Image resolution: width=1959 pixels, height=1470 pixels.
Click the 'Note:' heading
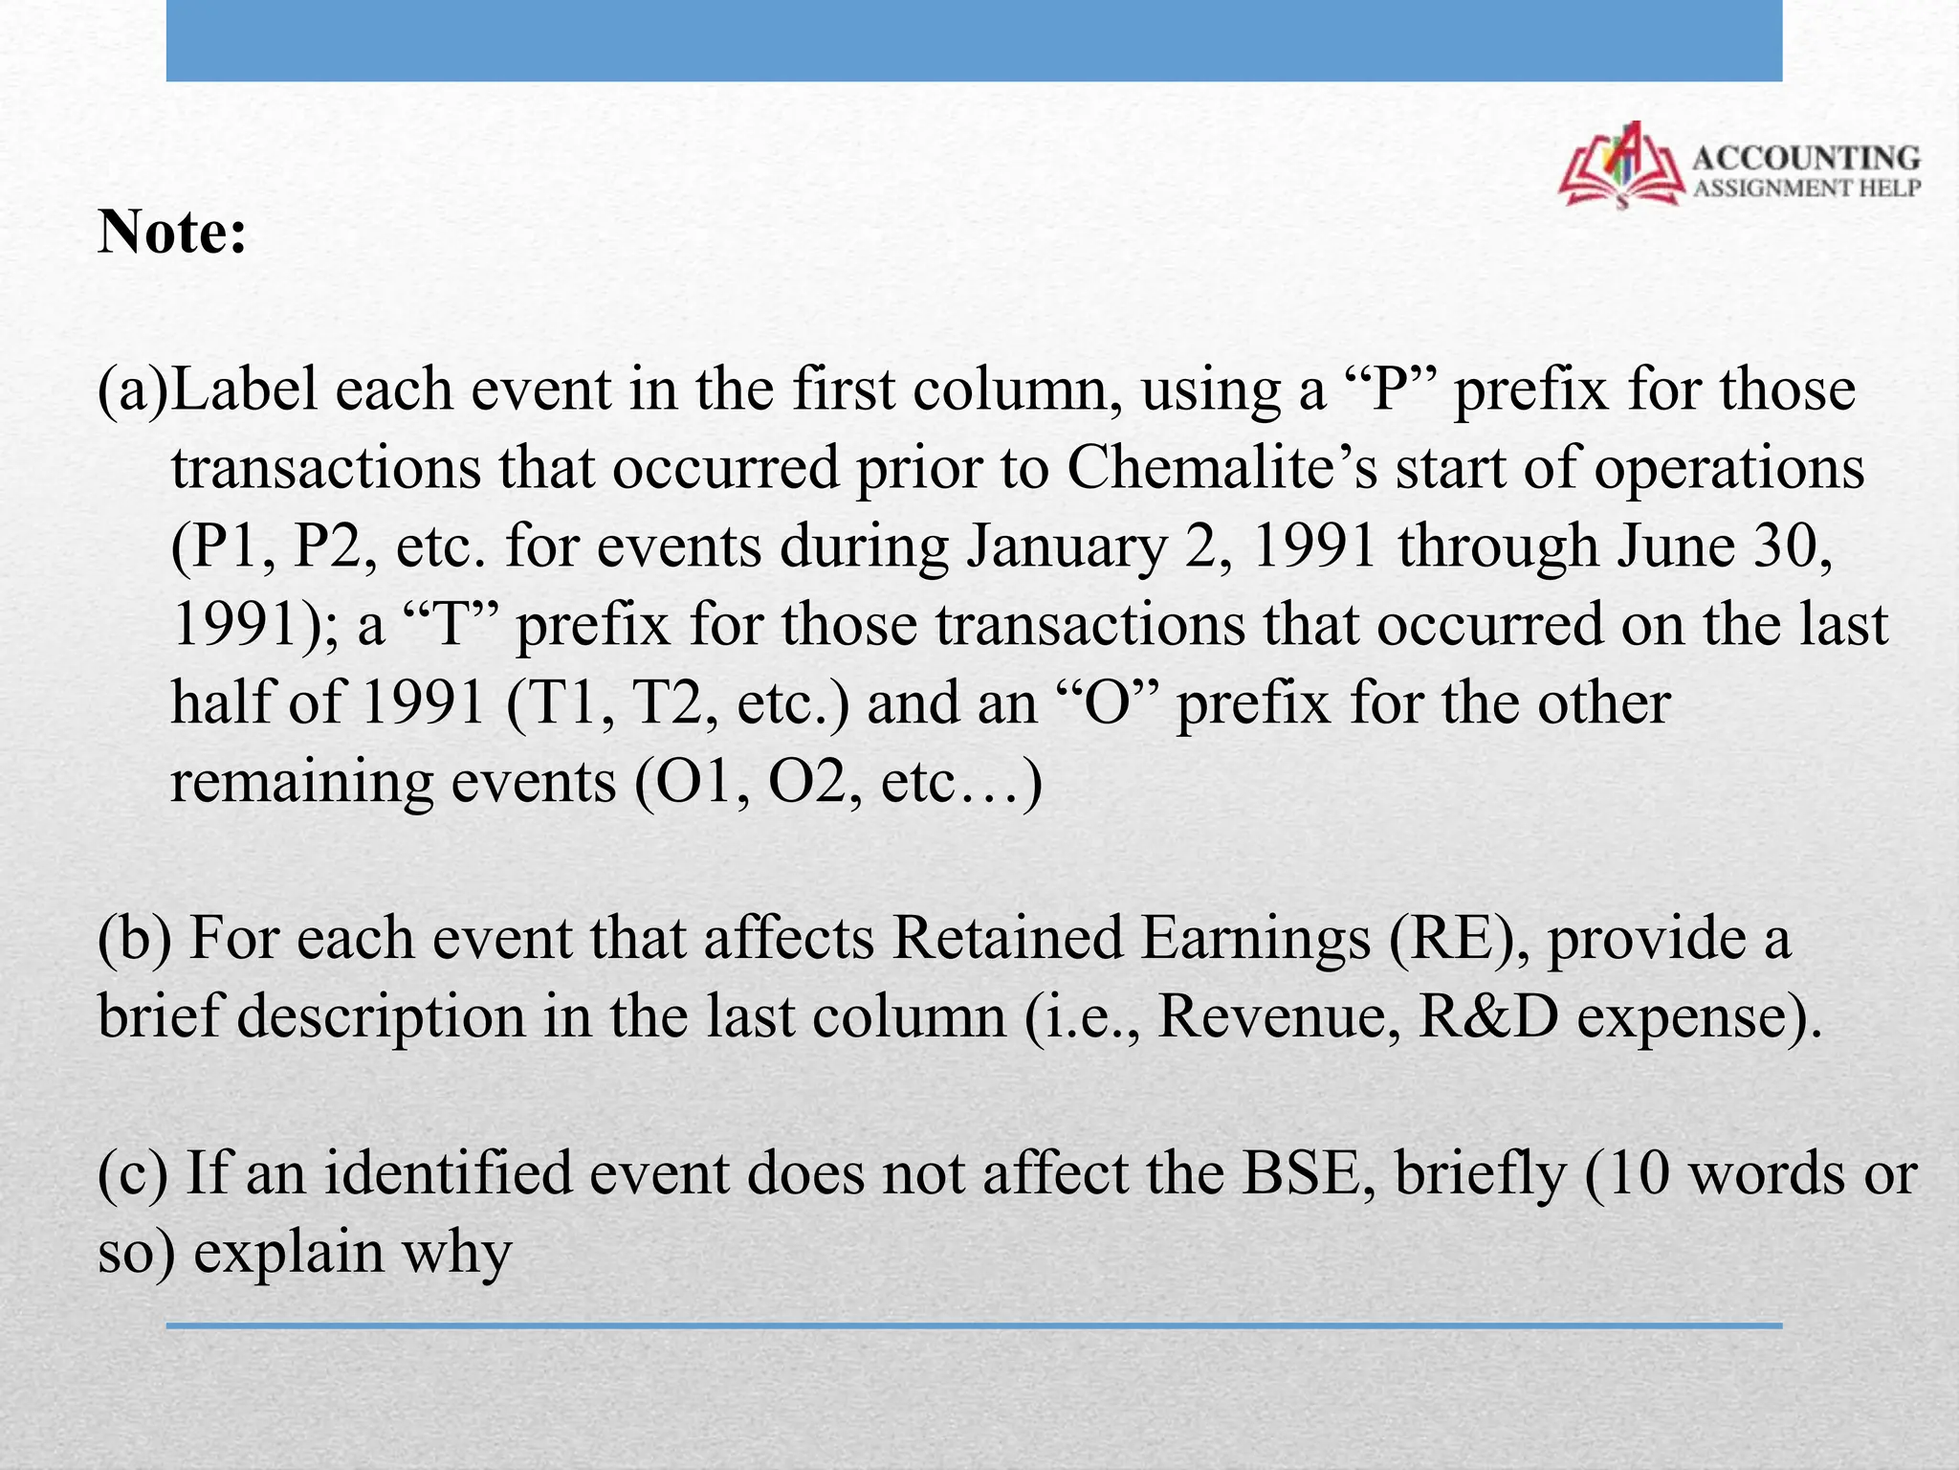[x=172, y=233]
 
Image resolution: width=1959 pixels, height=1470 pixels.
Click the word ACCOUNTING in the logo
[x=1806, y=158]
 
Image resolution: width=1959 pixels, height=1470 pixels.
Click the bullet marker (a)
[x=133, y=391]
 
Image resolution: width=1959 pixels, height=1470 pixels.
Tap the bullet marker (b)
[x=134, y=939]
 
